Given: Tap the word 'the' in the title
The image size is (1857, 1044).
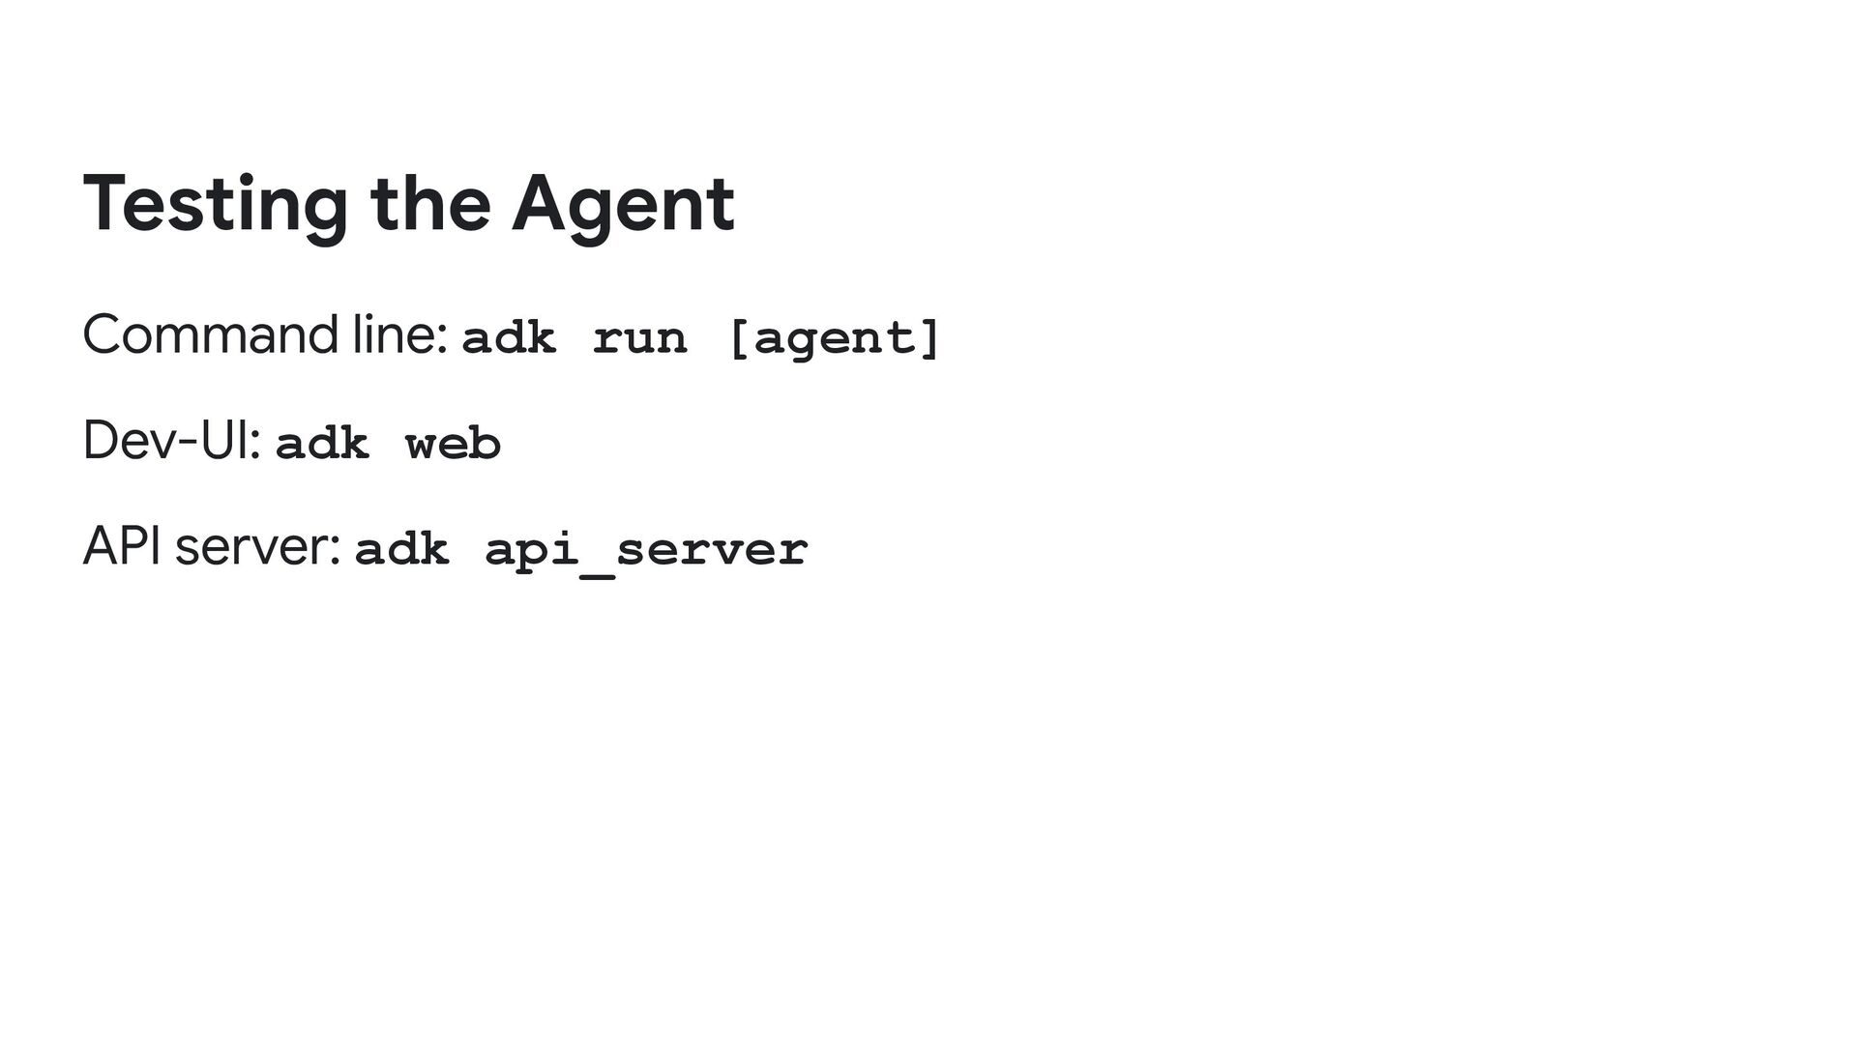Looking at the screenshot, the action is [429, 205].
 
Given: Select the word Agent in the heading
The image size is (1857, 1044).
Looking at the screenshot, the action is [623, 205].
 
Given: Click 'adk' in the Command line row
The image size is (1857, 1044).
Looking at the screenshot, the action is [509, 338].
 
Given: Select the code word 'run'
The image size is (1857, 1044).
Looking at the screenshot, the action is [639, 338].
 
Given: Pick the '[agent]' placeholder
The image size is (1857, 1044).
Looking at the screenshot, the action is [833, 338].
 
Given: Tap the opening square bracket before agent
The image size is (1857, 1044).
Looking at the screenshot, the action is [738, 338].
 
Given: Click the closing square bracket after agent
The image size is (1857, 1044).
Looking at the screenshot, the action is [930, 338].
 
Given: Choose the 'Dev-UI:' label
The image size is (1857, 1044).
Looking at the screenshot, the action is [171, 442].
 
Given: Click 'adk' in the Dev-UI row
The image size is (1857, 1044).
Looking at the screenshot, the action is [322, 445].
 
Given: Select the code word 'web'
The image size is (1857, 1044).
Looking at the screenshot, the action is [453, 445].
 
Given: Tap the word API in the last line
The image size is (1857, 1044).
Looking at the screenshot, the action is [123, 547].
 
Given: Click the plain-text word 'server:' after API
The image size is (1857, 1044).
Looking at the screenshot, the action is [258, 549].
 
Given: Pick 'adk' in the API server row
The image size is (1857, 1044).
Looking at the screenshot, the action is [401, 550].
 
